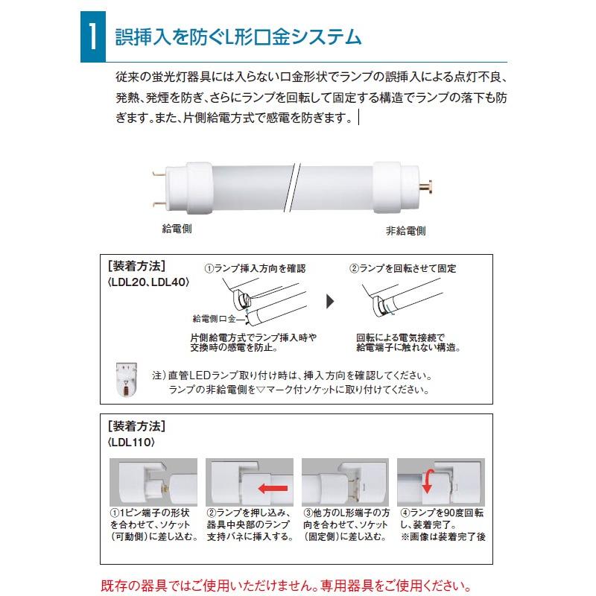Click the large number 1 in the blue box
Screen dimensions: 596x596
92,37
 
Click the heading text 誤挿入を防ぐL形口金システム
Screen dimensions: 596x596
239,37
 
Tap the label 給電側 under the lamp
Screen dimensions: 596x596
177,229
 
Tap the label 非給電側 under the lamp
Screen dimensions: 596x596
405,230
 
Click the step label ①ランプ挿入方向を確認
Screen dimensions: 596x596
255,268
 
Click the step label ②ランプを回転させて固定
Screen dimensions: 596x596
403,268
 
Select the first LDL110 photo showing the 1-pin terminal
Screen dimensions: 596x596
153,482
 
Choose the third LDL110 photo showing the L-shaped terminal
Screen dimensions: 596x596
345,482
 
